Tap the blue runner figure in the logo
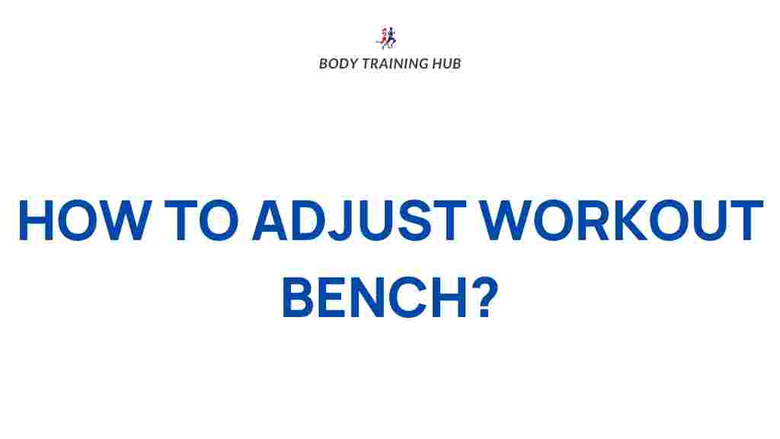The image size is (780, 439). click(391, 38)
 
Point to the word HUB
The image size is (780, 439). click(446, 64)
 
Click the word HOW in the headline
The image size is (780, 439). click(85, 220)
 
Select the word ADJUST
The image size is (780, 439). click(360, 220)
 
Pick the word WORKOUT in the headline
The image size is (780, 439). click(622, 220)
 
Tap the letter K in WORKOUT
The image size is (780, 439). click(628, 220)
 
